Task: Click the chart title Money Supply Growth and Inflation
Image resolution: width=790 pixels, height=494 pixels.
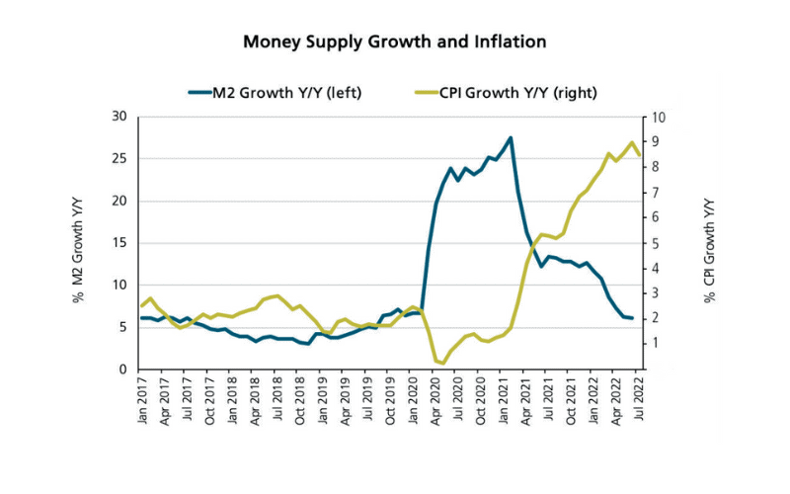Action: (x=395, y=42)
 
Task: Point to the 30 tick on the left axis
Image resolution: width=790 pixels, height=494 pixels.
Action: (x=120, y=117)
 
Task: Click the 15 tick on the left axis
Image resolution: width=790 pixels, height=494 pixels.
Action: (x=120, y=243)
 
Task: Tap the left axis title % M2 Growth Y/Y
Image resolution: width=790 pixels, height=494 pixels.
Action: (x=78, y=245)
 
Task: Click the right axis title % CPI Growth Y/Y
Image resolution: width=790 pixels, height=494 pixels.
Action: (x=709, y=245)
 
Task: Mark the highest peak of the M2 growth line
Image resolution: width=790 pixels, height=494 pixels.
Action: (x=511, y=137)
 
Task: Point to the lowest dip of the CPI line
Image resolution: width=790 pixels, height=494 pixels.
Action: (x=443, y=364)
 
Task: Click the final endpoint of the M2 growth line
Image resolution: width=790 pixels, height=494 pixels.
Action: (x=632, y=318)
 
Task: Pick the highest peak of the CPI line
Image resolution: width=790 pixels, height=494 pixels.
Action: (x=632, y=142)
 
